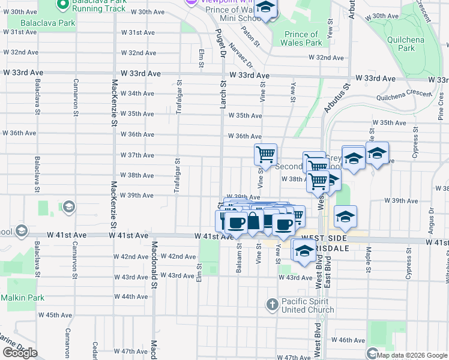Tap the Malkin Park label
point(22,297)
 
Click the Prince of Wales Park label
point(301,38)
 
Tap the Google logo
point(20,353)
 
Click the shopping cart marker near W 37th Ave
point(265,155)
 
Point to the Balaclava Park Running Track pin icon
point(61,4)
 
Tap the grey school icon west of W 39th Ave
point(69,207)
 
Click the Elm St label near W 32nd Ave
point(201,55)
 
